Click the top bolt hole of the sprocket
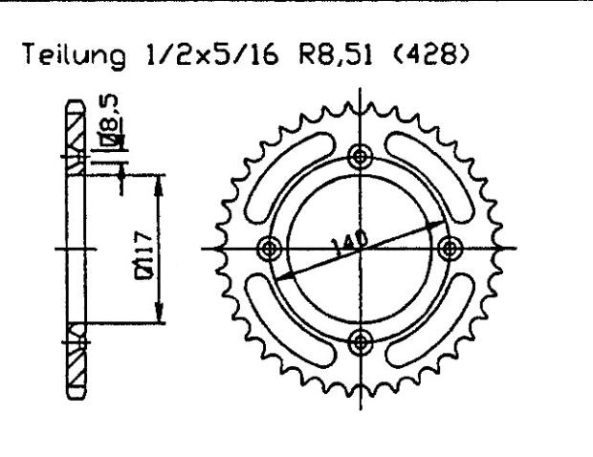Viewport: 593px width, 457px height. tap(359, 156)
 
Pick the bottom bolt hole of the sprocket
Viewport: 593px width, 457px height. tap(359, 339)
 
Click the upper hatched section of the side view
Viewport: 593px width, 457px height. tap(76, 134)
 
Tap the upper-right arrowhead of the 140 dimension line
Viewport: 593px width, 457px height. tap(443, 222)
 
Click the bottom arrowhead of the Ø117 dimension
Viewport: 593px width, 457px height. tap(157, 318)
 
